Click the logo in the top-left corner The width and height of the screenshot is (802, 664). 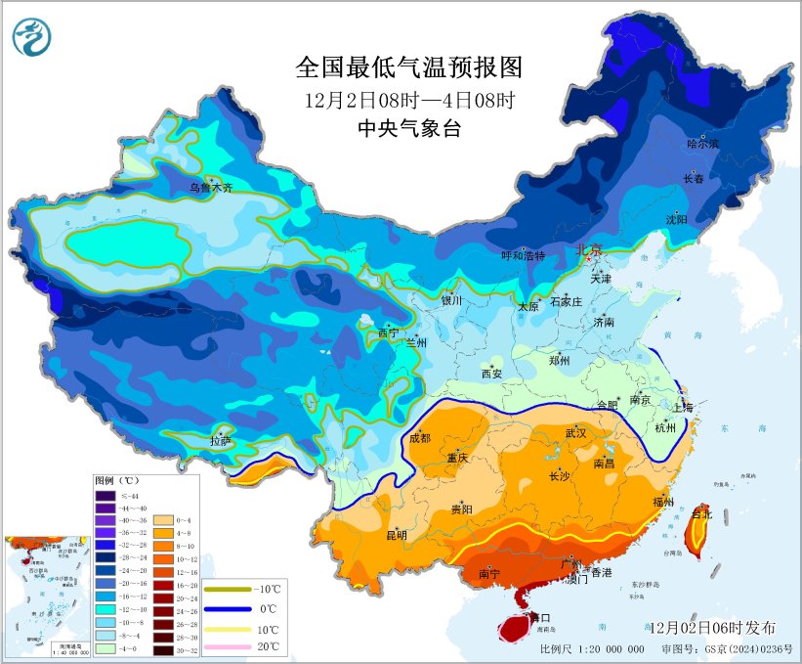31,37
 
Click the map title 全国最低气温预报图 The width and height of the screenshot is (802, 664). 408,67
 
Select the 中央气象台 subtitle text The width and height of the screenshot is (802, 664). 408,129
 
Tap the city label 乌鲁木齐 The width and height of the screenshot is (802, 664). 211,188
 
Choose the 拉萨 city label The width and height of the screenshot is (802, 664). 220,441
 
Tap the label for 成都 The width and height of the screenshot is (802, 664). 420,438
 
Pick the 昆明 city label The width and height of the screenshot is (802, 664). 397,535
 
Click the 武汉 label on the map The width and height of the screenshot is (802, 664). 575,432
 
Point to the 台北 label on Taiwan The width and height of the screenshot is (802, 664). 701,512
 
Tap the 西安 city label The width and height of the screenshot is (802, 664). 491,374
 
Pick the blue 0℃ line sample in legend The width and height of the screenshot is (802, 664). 224,609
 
